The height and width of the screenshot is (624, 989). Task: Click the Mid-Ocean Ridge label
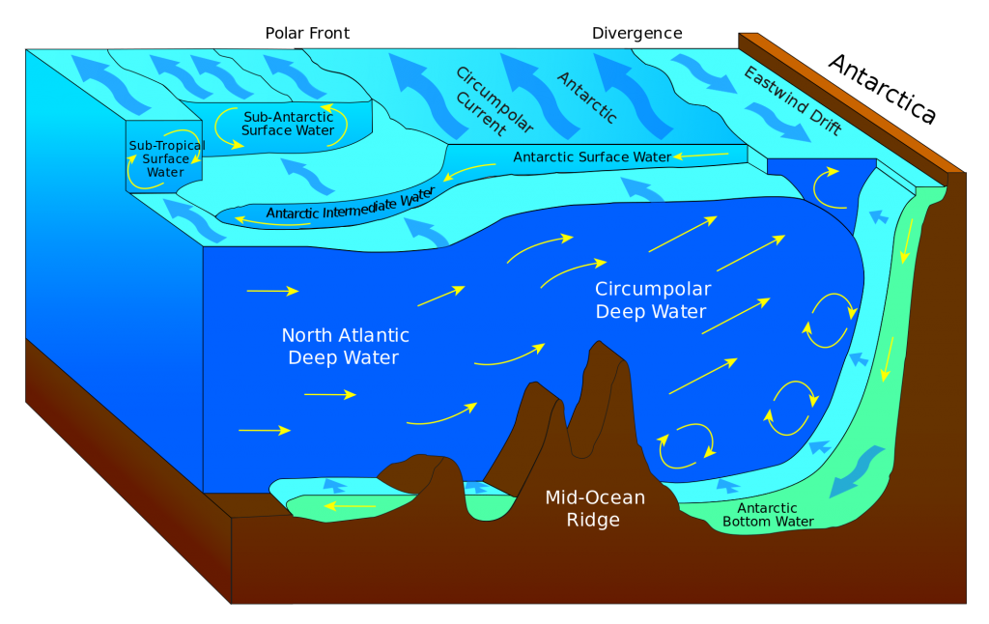point(595,508)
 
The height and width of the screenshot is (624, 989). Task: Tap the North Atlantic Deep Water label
point(345,347)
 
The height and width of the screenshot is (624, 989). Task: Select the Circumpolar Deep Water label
point(652,299)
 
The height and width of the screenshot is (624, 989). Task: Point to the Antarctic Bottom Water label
point(767,515)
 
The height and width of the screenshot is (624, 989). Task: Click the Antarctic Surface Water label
point(591,156)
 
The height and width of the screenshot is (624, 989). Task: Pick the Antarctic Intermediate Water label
point(346,206)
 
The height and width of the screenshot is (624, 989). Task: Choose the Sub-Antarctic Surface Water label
point(287,124)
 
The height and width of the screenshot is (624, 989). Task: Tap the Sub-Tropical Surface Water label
point(166,159)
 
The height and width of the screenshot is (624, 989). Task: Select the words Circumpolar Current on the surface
point(480,99)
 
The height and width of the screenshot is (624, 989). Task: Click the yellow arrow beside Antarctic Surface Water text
point(703,155)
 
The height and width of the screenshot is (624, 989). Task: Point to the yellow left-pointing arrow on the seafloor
point(350,505)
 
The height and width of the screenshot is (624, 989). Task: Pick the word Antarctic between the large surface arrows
point(587,96)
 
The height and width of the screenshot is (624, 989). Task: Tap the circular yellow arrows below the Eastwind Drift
point(830,188)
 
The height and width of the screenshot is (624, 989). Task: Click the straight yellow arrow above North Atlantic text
point(272,290)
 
